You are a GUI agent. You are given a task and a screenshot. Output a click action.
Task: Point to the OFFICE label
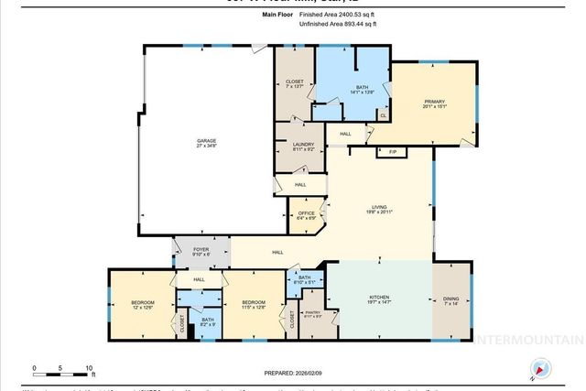pyautogui.click(x=306, y=215)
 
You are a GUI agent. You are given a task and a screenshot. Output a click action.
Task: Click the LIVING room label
pyautogui.click(x=371, y=209)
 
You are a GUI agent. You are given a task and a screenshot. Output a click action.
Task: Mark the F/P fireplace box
pyautogui.click(x=392, y=151)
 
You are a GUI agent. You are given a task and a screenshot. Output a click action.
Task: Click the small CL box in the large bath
pyautogui.click(x=383, y=115)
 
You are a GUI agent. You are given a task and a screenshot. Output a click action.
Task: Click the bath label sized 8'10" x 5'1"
pyautogui.click(x=305, y=279)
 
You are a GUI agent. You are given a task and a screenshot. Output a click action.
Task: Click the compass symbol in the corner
pyautogui.click(x=540, y=370)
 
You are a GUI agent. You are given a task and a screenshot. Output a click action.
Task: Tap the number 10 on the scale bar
pyautogui.click(x=89, y=367)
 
